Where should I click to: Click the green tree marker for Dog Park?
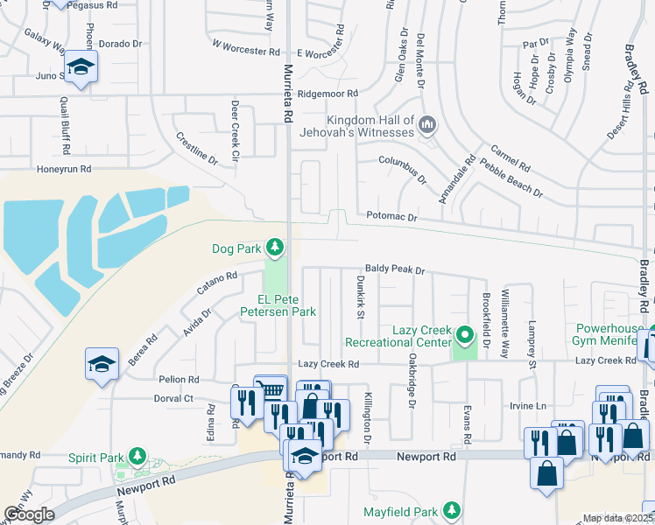point(275,248)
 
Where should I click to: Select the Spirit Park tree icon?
point(137,457)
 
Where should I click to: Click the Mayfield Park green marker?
point(451,509)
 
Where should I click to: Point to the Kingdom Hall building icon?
point(427,126)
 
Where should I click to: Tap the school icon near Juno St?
point(81,67)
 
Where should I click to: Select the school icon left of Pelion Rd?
point(102,363)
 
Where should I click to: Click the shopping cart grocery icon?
point(271,390)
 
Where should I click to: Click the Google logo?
point(29,514)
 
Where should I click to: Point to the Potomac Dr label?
point(392,215)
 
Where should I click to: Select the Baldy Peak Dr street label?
point(394,271)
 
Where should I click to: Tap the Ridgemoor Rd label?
point(328,94)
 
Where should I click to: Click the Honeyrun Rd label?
point(64,169)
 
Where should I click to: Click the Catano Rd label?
point(217,282)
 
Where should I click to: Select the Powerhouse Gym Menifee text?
point(609,335)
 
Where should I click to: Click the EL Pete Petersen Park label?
point(279,304)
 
